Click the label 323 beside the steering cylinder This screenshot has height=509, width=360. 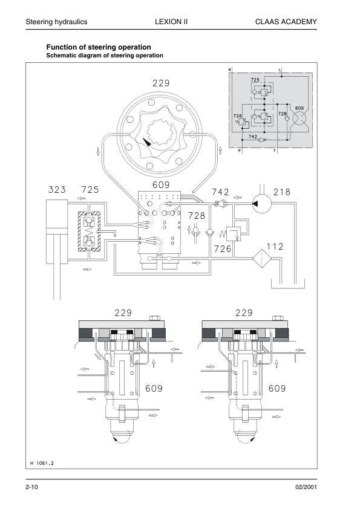point(57,190)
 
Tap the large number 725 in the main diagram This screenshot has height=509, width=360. point(90,190)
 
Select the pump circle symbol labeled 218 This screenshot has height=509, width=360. point(262,203)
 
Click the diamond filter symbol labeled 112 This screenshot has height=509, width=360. point(262,258)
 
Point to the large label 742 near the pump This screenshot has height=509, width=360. point(220,192)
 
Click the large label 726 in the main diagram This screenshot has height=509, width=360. point(223,249)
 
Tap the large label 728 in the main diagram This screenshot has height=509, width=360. point(197,216)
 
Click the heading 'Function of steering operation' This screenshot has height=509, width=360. point(99,47)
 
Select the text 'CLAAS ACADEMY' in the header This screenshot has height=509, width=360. point(286,22)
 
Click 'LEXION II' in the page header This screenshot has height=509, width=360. point(171,22)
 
